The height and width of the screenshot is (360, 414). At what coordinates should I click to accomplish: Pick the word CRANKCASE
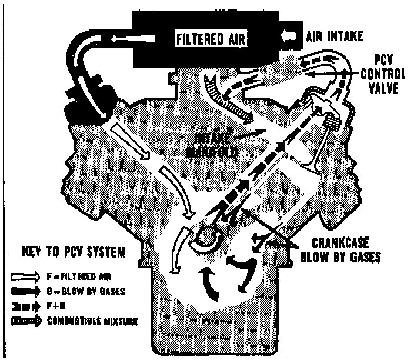[x=335, y=242]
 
